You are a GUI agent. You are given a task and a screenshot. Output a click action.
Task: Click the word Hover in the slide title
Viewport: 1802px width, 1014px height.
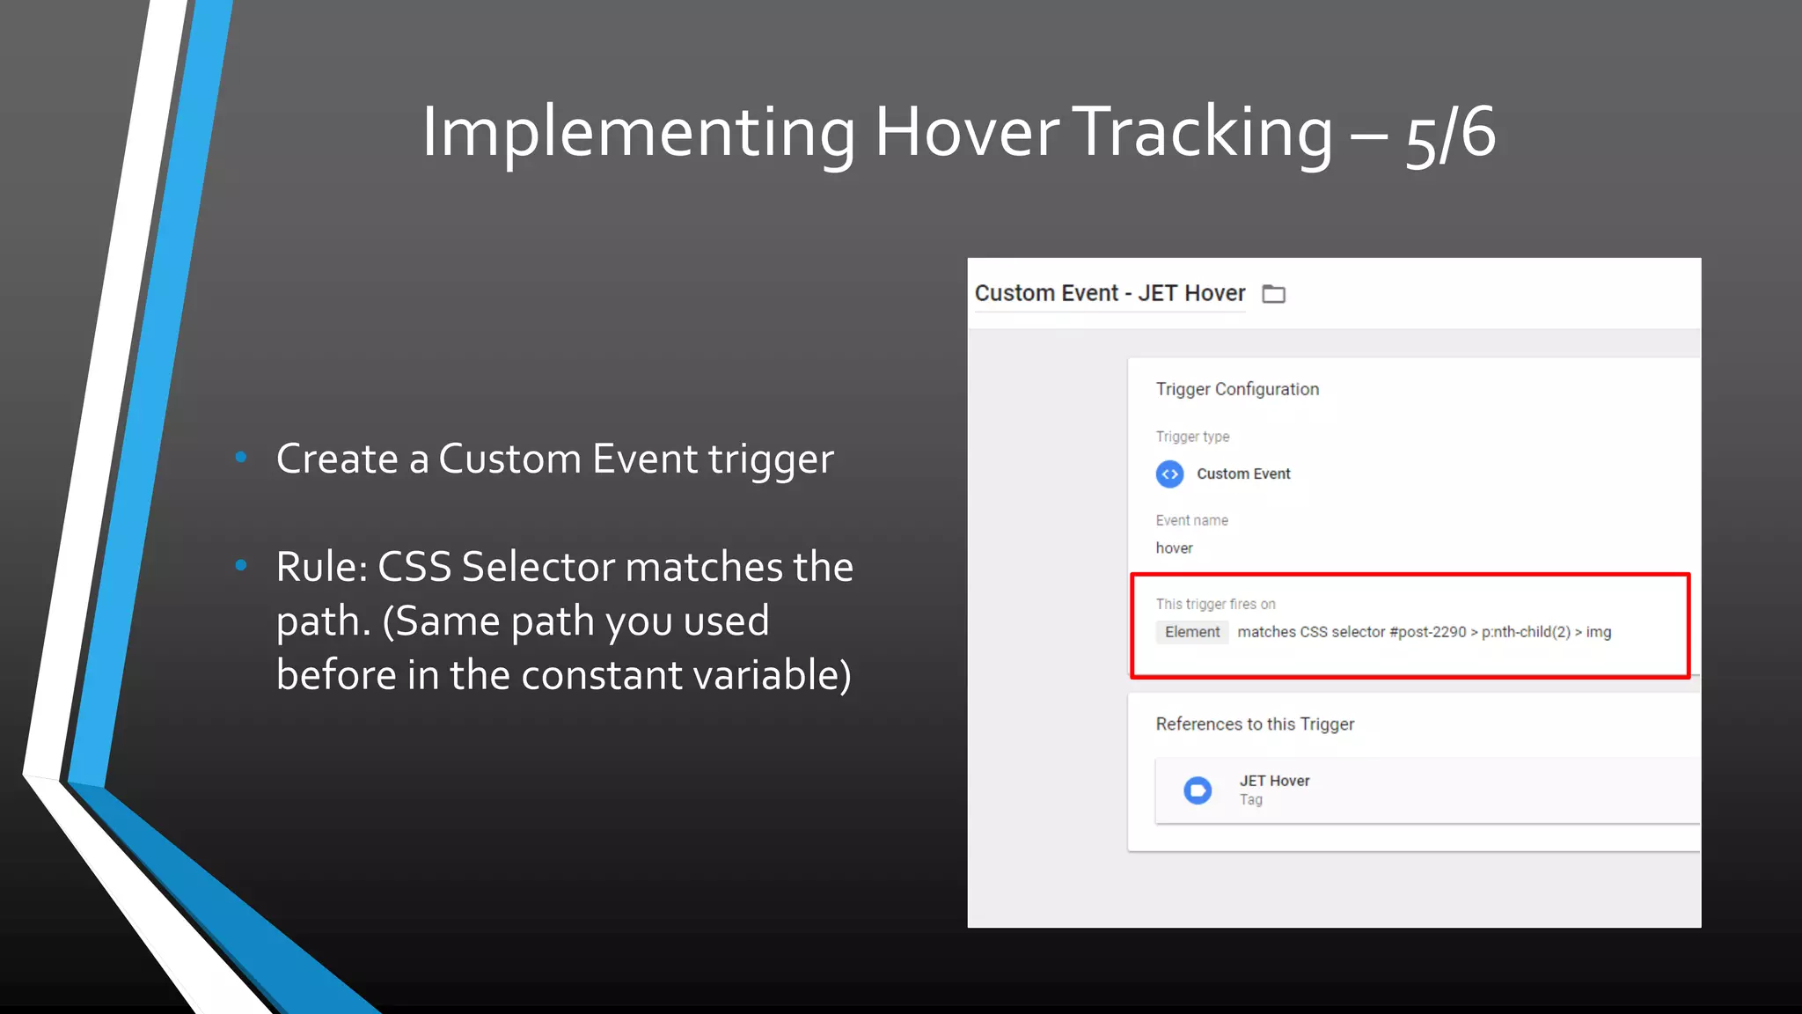click(x=967, y=132)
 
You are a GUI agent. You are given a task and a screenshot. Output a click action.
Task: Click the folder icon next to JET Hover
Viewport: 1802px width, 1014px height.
click(x=1273, y=294)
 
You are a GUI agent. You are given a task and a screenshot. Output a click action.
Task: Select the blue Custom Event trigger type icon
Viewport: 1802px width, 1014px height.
click(x=1169, y=474)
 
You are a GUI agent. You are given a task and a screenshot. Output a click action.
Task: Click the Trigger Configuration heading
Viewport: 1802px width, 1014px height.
click(x=1236, y=389)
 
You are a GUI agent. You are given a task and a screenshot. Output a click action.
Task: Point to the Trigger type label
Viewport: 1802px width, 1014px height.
click(x=1192, y=437)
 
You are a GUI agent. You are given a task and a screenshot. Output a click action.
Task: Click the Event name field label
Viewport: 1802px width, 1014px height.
click(x=1191, y=520)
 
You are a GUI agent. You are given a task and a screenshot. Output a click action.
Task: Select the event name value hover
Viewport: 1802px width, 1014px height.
click(x=1174, y=548)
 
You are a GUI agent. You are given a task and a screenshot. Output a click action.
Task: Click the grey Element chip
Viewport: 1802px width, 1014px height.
click(x=1191, y=632)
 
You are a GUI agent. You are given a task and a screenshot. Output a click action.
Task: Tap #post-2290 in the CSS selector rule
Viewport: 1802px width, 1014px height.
click(x=1427, y=632)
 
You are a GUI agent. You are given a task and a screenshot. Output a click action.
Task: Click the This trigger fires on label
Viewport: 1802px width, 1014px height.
click(x=1215, y=604)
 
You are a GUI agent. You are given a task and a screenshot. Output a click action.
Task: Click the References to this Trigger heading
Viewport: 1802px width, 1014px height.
click(x=1255, y=724)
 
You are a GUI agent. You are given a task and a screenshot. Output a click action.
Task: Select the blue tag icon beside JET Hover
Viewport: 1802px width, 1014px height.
click(x=1198, y=790)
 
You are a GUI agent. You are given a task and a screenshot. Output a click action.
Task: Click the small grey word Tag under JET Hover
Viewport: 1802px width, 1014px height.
click(x=1251, y=800)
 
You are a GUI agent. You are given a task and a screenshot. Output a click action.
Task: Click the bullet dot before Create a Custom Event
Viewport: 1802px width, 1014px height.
click(x=241, y=457)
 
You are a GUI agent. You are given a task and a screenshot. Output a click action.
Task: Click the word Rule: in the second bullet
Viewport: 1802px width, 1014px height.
click(x=322, y=567)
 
